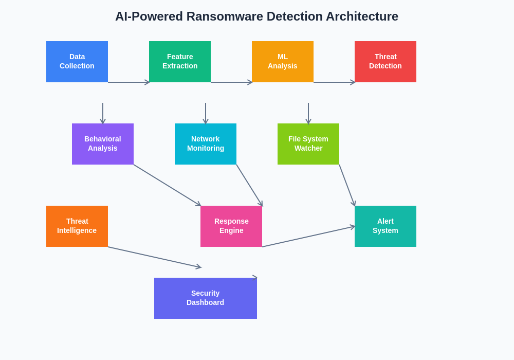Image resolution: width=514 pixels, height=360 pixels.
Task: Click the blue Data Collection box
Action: (77, 62)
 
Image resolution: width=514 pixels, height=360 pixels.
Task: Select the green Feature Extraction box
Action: (180, 62)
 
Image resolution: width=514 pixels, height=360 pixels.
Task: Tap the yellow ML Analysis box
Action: (283, 62)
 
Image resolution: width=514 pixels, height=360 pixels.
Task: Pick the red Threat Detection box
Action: (385, 62)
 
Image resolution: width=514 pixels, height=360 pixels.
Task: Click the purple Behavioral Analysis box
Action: (103, 144)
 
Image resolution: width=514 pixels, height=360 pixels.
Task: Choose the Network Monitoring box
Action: (206, 144)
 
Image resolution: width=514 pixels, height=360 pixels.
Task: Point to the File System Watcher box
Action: (308, 144)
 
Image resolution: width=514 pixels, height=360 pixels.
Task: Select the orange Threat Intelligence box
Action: (77, 226)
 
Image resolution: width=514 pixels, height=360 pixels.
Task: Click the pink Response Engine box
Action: (231, 226)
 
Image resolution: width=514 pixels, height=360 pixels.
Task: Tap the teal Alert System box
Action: (385, 226)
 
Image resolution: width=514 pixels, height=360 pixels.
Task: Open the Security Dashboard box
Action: (206, 298)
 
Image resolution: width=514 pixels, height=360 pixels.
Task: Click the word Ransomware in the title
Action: (223, 16)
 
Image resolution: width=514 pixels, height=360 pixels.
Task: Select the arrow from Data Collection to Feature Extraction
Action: (128, 82)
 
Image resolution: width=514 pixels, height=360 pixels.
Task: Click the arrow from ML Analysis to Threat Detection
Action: (334, 82)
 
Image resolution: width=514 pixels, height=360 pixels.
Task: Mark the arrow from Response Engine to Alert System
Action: (308, 237)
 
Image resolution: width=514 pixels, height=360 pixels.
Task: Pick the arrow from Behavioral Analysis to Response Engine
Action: (167, 185)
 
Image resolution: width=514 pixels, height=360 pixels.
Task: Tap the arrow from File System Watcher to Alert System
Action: (347, 185)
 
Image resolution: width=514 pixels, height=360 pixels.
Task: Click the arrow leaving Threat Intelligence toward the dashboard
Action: (154, 257)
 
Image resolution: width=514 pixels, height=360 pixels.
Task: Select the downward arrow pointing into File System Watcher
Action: (308, 113)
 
